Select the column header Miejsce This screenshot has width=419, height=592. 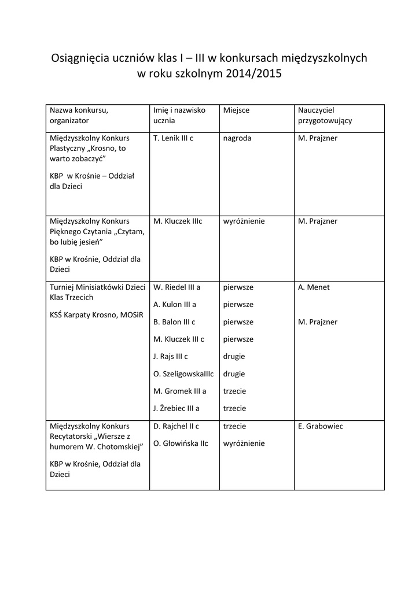(x=236, y=110)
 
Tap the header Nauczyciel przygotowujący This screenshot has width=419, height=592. (x=325, y=116)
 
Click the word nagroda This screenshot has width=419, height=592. (x=237, y=138)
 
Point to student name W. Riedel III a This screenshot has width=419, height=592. (x=177, y=287)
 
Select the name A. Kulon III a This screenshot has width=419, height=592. (x=175, y=305)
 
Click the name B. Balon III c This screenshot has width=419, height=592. (x=174, y=322)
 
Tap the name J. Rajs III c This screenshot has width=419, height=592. (x=171, y=357)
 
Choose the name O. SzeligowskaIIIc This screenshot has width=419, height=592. (x=183, y=374)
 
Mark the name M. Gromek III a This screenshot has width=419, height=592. (x=179, y=391)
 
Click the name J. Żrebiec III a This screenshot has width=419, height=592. (x=177, y=408)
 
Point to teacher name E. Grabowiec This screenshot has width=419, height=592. (x=321, y=426)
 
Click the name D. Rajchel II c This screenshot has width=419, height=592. (x=177, y=426)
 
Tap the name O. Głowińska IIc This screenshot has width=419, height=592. (x=181, y=443)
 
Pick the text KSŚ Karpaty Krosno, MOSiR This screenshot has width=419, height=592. (x=96, y=315)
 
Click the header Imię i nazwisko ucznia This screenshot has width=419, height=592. (x=179, y=116)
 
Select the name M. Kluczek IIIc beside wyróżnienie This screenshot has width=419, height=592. (x=178, y=221)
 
